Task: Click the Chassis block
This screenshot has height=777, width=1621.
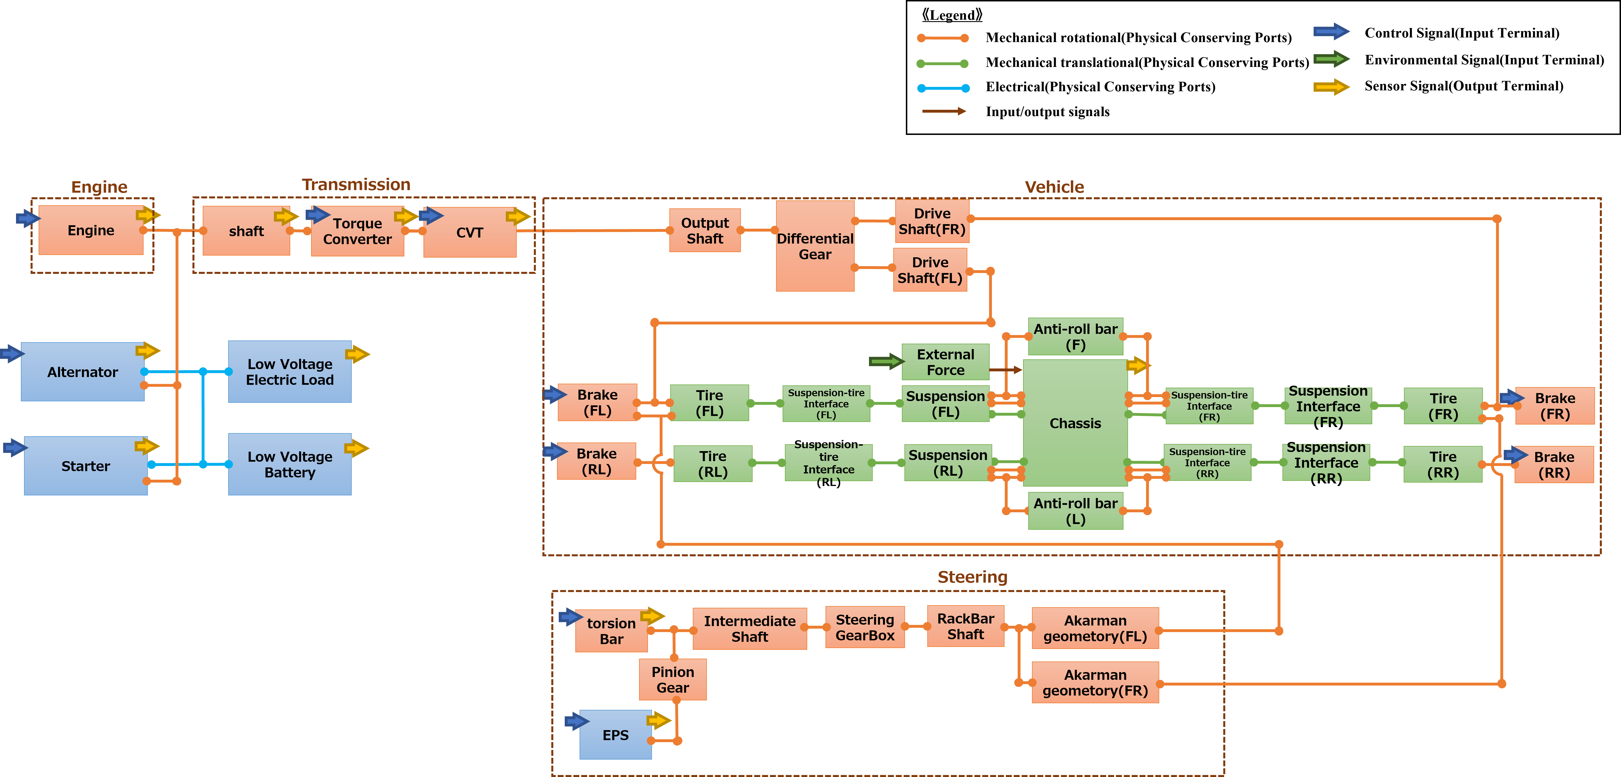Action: point(1075,423)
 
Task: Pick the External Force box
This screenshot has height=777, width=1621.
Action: point(945,362)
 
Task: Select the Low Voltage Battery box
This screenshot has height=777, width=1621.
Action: point(289,464)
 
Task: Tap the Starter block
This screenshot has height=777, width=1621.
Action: point(85,466)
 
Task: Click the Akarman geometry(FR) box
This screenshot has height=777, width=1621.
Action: point(1095,683)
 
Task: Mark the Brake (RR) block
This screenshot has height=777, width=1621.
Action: point(1554,465)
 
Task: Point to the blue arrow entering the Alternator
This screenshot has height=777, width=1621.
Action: point(11,354)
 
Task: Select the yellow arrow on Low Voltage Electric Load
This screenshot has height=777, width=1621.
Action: point(357,354)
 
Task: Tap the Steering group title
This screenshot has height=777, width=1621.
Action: point(972,577)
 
